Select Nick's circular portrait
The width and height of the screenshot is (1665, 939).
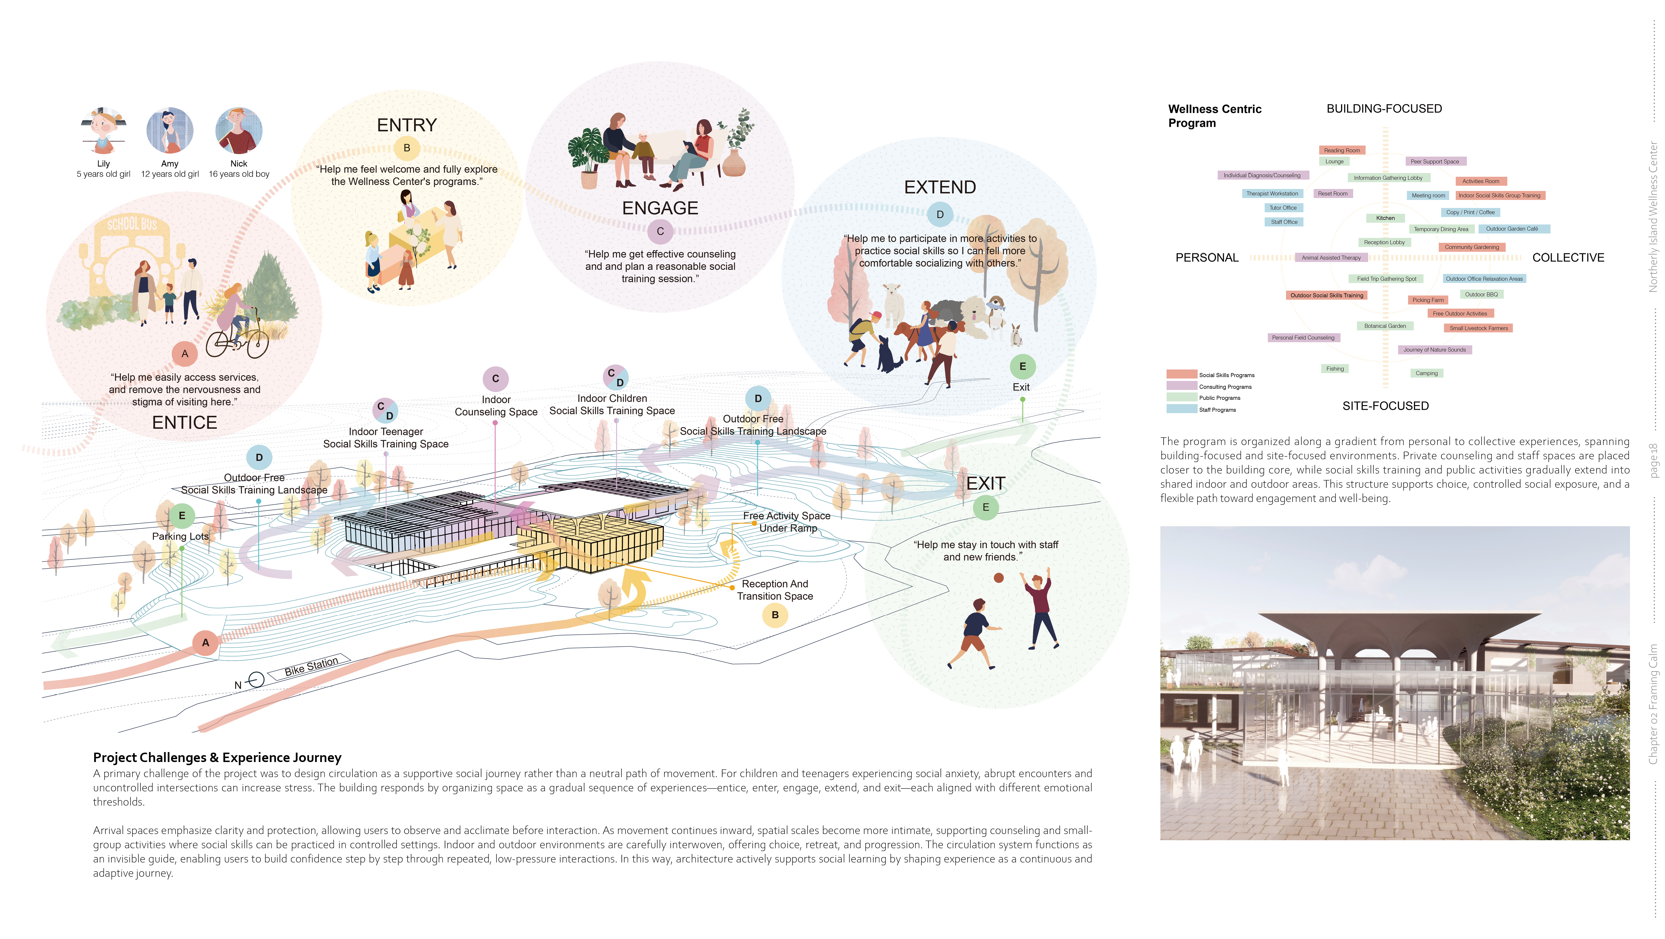pos(239,131)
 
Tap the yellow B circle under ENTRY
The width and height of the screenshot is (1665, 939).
pos(406,148)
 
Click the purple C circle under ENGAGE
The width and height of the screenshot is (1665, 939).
pos(660,231)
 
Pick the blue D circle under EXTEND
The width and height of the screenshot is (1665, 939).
pos(940,215)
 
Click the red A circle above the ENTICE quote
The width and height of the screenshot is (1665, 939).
pos(185,353)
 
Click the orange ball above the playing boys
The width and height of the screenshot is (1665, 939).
pos(999,578)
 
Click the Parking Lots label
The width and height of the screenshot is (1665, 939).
pos(180,536)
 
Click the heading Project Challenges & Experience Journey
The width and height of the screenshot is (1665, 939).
pos(217,757)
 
